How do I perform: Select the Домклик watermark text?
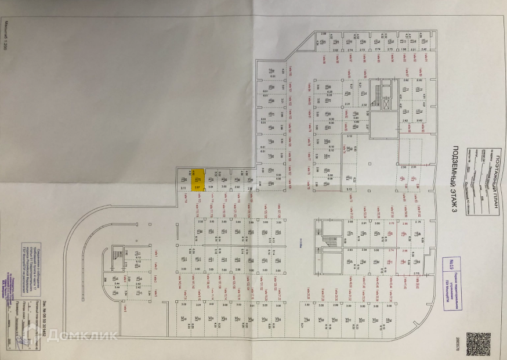click(x=81, y=335)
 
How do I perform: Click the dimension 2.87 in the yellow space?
click(x=197, y=188)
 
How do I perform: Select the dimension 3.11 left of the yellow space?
click(x=183, y=188)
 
